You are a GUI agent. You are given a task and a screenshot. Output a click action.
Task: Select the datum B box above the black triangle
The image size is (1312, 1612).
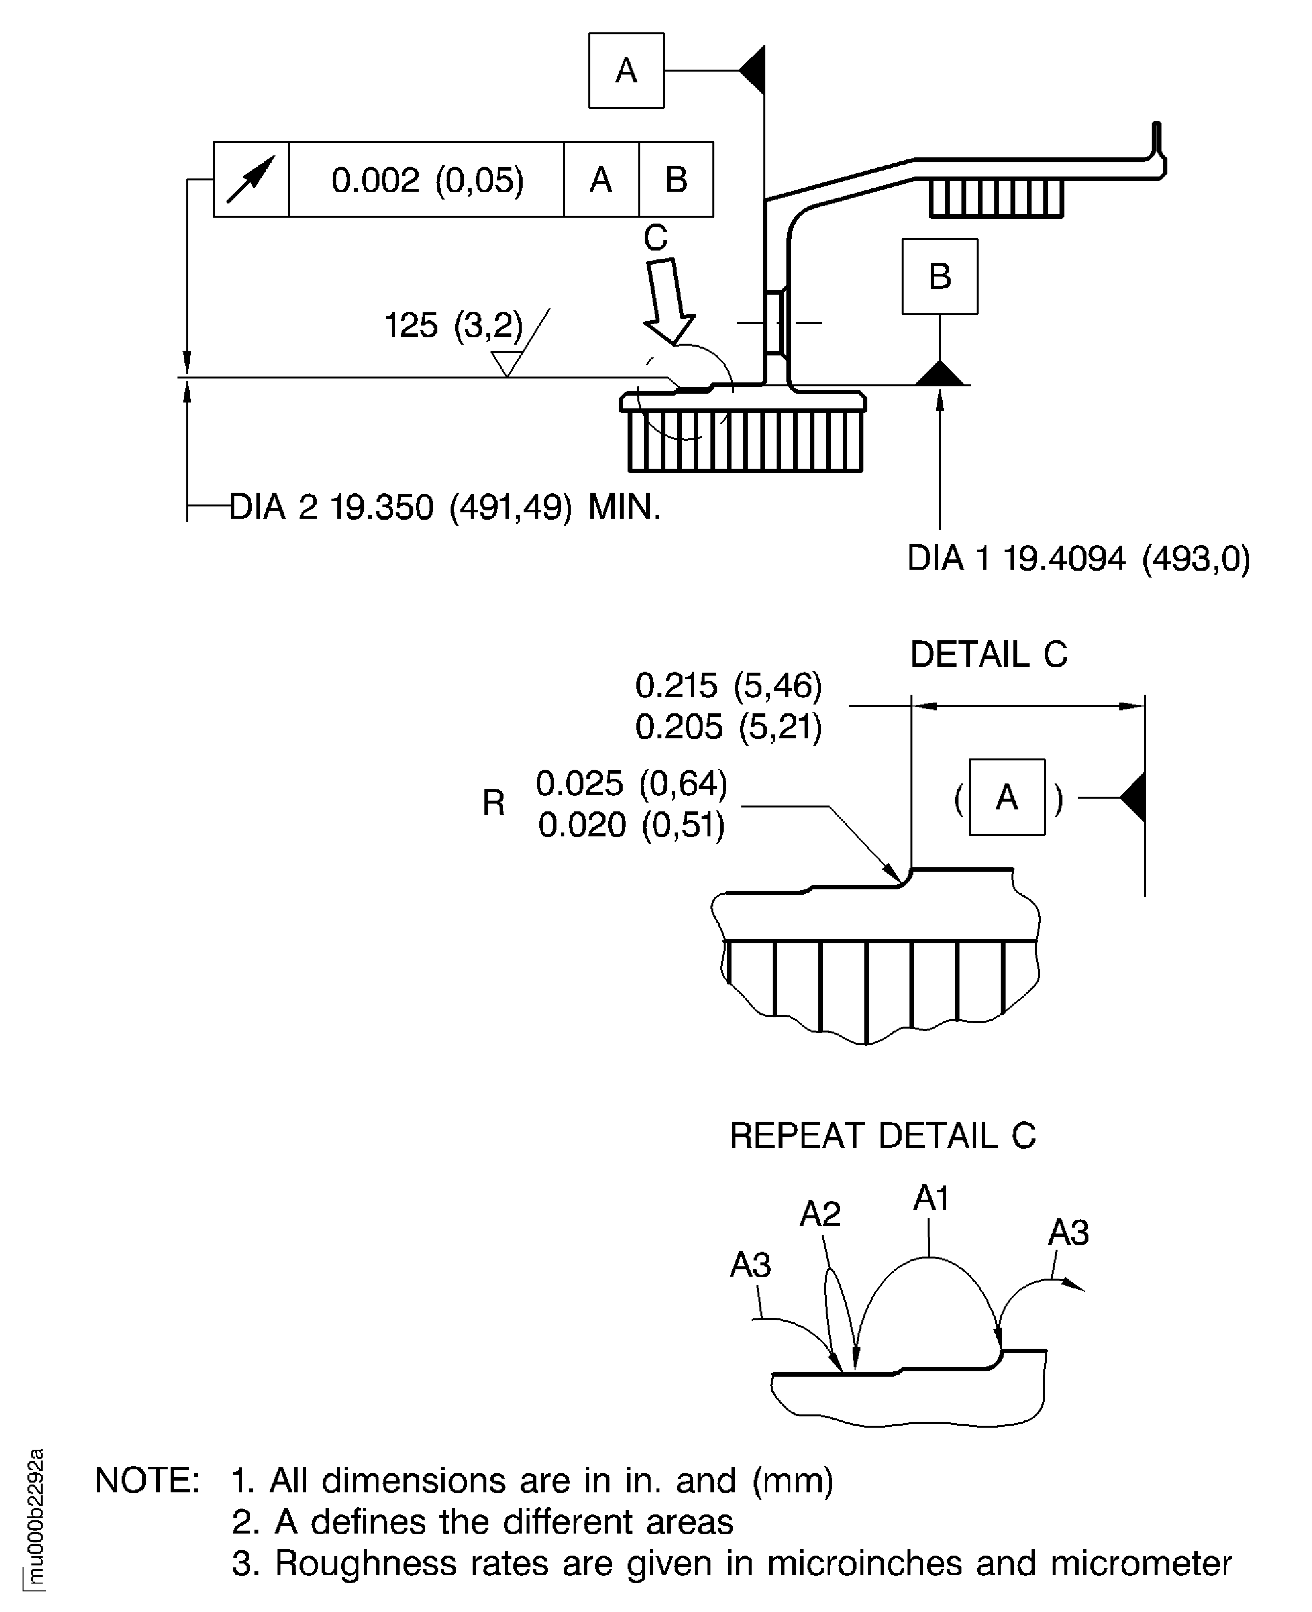pyautogui.click(x=939, y=276)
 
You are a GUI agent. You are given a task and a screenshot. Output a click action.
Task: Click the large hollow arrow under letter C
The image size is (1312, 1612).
pyautogui.click(x=668, y=301)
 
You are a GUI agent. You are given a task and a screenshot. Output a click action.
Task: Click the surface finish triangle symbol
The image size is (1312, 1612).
pyautogui.click(x=507, y=363)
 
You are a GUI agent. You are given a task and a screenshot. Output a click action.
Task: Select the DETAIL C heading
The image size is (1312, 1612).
pyautogui.click(x=988, y=655)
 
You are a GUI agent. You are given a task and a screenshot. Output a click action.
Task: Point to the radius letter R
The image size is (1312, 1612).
pyautogui.click(x=494, y=803)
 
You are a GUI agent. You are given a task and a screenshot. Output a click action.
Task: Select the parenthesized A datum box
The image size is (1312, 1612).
pyautogui.click(x=1007, y=797)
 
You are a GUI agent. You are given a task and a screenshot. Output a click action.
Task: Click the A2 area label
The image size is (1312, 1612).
pyautogui.click(x=820, y=1214)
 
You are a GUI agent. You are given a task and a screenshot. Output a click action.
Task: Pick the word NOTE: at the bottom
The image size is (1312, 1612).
pyautogui.click(x=148, y=1481)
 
